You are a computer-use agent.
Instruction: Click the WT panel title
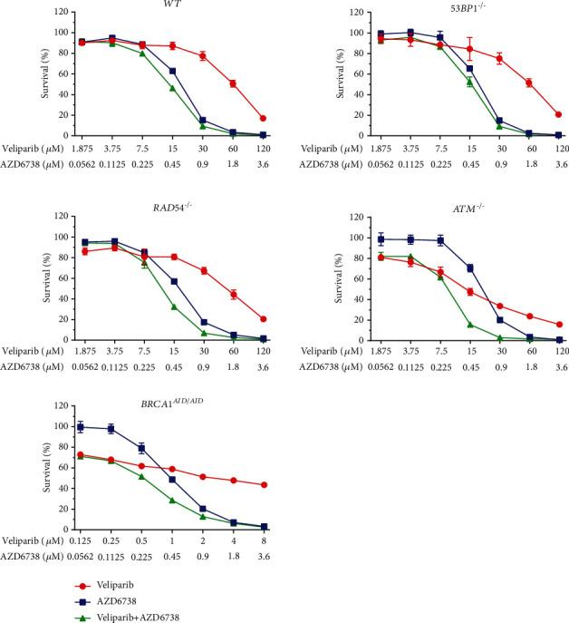coord(171,5)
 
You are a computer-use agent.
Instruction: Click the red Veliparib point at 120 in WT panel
coord(263,118)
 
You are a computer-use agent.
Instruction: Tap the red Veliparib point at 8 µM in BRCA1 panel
coord(263,485)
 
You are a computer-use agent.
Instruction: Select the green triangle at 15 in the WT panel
coord(172,88)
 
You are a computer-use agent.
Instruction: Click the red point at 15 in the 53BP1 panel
coord(469,49)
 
